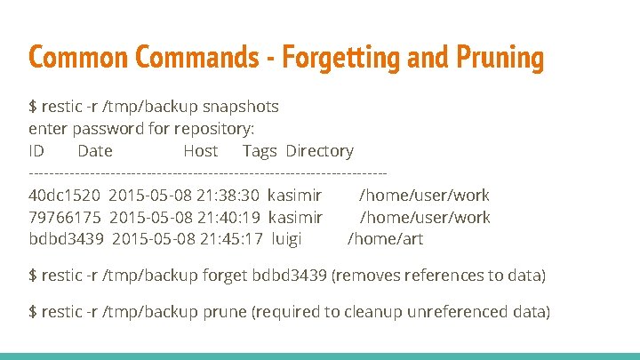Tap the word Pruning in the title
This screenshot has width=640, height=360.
coord(500,58)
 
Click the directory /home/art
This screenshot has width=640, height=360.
coord(385,239)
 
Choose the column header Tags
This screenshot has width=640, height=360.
coord(260,151)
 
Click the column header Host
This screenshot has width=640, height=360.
coord(201,151)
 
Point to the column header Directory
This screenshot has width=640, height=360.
coord(319,151)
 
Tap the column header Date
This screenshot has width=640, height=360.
coord(95,151)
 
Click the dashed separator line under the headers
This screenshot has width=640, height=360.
coord(208,172)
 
